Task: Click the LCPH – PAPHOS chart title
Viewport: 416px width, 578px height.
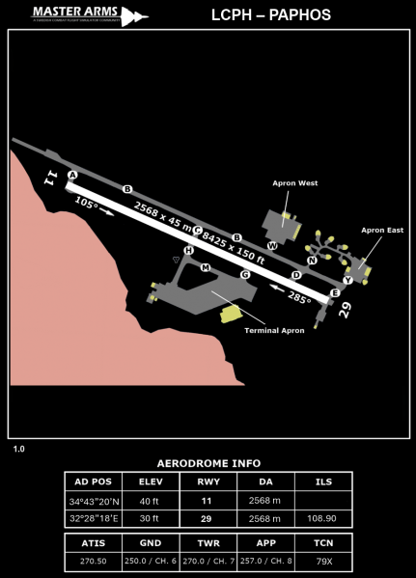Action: [271, 15]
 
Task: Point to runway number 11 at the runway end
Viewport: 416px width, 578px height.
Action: [51, 177]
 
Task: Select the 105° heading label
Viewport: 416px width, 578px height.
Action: [87, 205]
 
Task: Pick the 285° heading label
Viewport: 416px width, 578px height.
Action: [299, 298]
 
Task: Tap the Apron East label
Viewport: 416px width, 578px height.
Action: [382, 231]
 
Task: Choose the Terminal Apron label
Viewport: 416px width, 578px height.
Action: [274, 331]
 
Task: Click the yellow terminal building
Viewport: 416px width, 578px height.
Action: [230, 314]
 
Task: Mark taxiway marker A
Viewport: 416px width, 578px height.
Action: [72, 175]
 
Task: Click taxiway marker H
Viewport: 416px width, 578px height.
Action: [188, 251]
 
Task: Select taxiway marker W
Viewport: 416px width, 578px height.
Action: [272, 246]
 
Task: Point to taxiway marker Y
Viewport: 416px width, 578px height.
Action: [347, 280]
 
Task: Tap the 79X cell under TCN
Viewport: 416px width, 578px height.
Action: [323, 562]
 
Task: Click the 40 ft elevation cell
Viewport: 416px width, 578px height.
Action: [150, 501]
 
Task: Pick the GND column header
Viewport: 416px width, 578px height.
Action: [150, 543]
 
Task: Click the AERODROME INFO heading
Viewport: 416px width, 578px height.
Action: [208, 463]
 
